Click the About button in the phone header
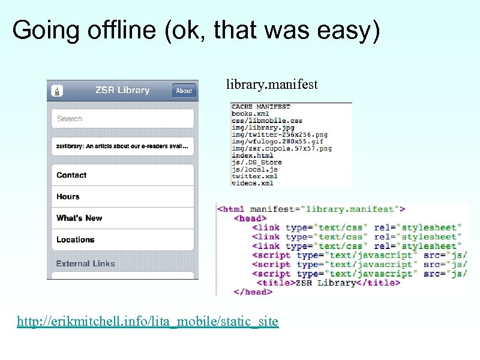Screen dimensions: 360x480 point(184,91)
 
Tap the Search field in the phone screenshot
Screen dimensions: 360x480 point(122,119)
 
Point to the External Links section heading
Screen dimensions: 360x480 point(85,263)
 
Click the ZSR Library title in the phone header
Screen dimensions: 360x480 point(122,90)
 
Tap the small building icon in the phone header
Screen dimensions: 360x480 point(58,91)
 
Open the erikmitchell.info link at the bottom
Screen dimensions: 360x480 point(148,322)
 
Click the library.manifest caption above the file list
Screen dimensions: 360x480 point(272,85)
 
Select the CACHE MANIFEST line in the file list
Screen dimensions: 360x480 point(260,107)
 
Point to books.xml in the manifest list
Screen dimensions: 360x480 point(250,113)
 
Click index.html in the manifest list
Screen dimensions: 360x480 point(252,155)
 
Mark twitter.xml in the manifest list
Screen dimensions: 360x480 point(254,176)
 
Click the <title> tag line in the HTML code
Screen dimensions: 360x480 point(328,283)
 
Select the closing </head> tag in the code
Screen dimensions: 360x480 point(253,292)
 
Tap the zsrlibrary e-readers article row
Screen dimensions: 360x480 point(122,146)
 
